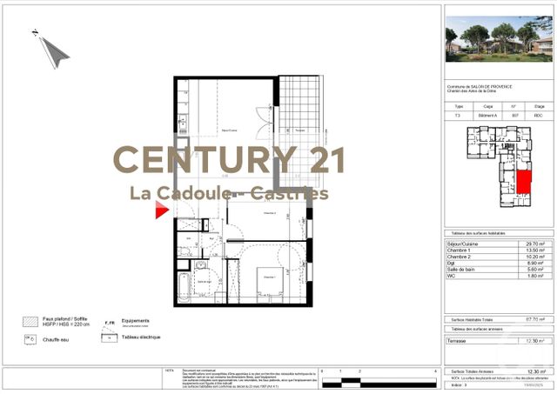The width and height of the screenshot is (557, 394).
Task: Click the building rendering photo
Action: click(498, 40)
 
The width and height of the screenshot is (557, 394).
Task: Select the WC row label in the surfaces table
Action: click(452, 276)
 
